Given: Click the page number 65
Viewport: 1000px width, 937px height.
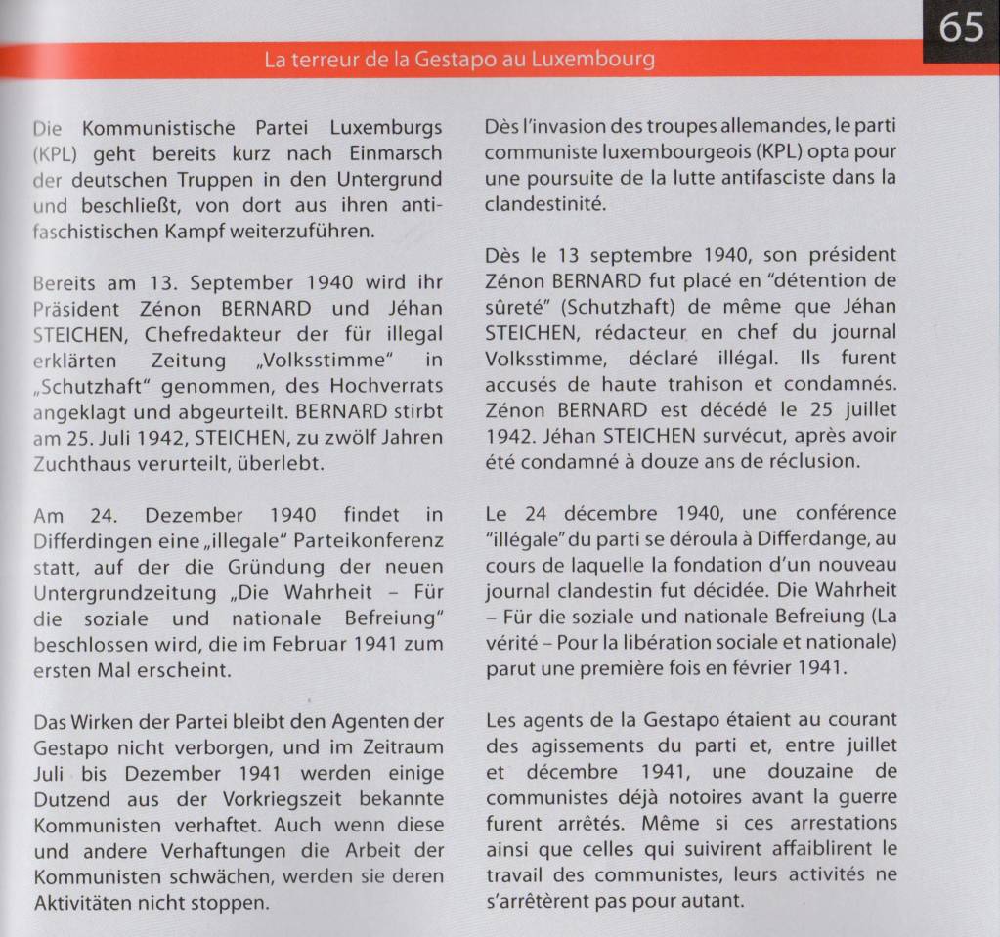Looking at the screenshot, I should tap(961, 26).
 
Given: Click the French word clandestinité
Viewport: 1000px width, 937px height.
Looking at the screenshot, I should tap(545, 204).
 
